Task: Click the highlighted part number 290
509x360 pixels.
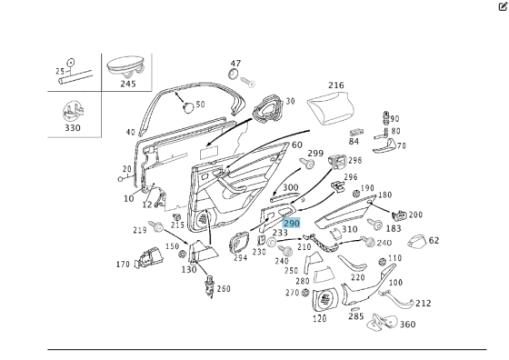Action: [x=291, y=223]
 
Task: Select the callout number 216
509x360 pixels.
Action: [x=336, y=86]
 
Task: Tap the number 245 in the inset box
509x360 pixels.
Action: [x=127, y=84]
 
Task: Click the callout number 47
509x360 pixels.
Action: [x=235, y=63]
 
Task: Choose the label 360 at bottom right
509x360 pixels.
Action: [x=407, y=325]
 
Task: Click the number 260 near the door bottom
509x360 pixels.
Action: [x=224, y=289]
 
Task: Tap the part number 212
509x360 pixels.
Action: [x=423, y=304]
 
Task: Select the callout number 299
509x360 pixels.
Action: [x=315, y=154]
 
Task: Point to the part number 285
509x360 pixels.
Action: [x=355, y=317]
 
